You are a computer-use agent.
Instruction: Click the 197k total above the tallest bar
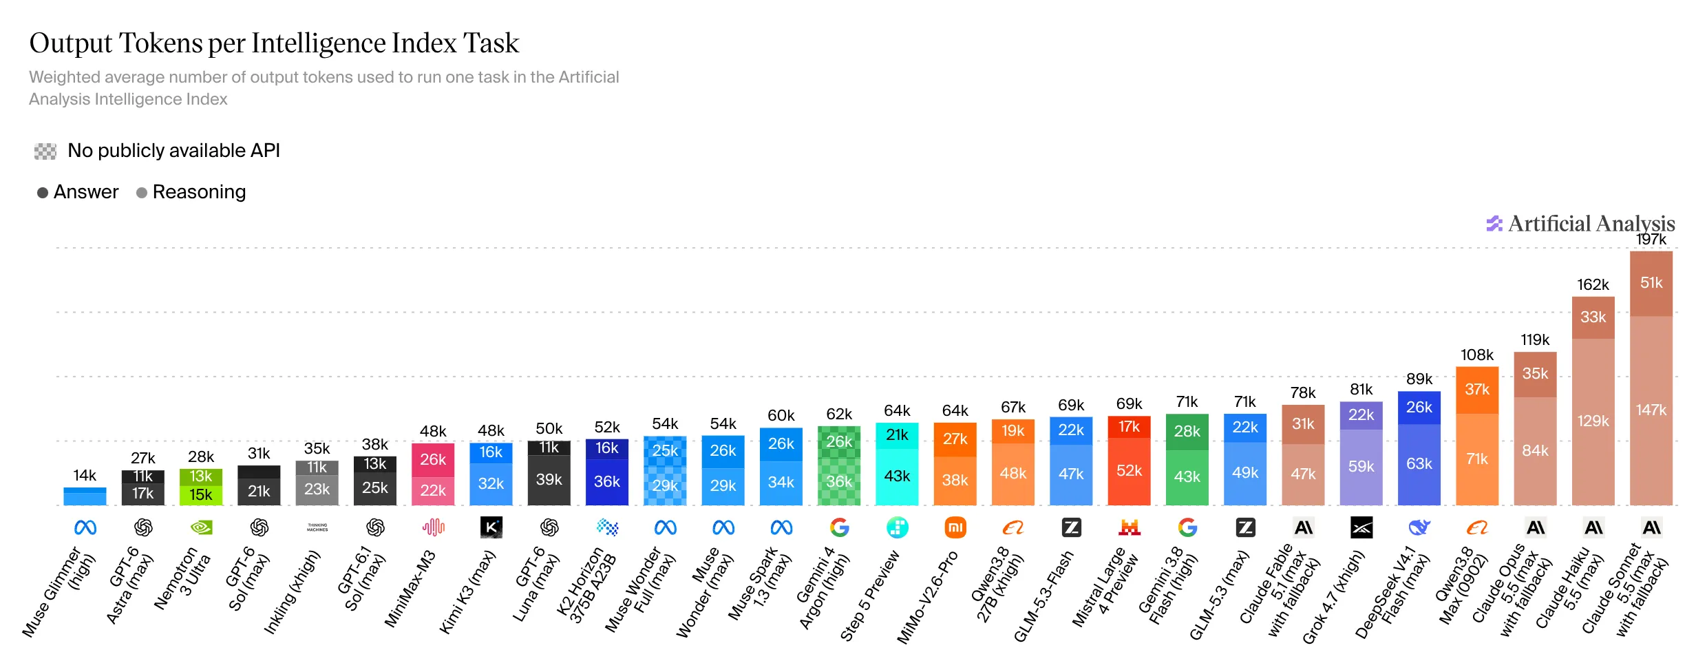tap(1651, 240)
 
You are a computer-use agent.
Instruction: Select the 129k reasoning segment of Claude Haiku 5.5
tap(1593, 421)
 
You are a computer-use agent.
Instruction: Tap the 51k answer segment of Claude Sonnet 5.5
tap(1651, 283)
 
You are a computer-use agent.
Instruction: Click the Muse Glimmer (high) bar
tap(85, 496)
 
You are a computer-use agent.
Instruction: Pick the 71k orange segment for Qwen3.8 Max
tap(1477, 459)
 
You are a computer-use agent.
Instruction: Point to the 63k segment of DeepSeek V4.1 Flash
tap(1419, 465)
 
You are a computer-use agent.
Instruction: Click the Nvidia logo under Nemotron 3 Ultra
tap(201, 527)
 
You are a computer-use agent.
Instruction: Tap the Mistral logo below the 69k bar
tap(1130, 527)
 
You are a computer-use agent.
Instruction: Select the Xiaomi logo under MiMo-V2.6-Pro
tap(955, 527)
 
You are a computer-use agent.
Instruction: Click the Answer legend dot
tap(43, 193)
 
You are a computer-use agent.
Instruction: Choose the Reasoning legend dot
tap(142, 193)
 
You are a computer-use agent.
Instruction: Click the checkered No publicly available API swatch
tap(45, 151)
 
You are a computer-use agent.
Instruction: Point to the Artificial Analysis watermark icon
tap(1494, 224)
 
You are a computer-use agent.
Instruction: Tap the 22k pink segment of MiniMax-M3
tap(433, 491)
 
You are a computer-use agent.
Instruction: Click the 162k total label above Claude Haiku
tap(1593, 285)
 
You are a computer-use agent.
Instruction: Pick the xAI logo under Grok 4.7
tap(1361, 527)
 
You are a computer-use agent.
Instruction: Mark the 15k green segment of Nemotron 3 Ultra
tap(201, 495)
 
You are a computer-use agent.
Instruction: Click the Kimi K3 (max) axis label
tap(467, 592)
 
